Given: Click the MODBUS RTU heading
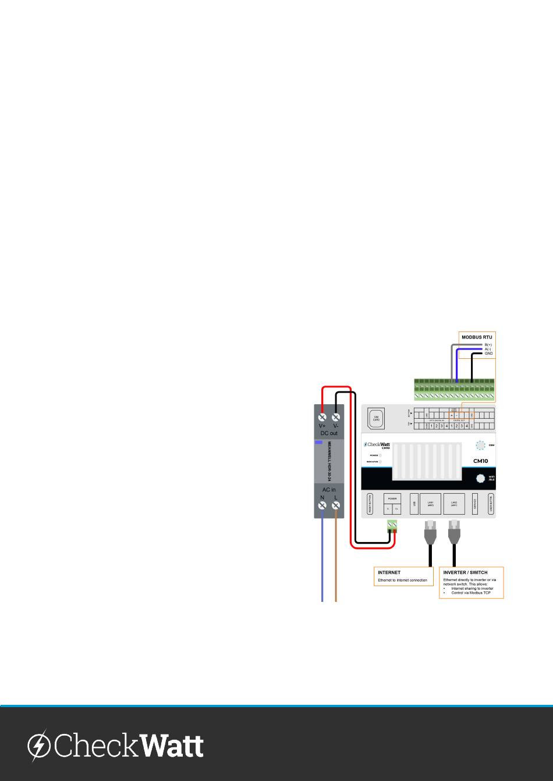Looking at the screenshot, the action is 477,337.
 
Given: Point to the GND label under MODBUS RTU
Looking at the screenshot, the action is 489,354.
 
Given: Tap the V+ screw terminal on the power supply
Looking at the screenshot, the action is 322,418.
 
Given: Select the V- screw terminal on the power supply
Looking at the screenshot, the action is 336,418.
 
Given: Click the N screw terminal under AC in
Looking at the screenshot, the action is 322,506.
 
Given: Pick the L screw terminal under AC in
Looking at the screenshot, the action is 336,506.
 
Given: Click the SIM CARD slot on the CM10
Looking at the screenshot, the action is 376,418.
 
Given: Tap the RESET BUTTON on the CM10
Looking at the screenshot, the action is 370,504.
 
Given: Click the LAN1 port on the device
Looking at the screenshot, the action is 431,503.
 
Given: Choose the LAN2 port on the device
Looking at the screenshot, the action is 454,503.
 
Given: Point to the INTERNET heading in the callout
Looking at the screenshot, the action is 389,573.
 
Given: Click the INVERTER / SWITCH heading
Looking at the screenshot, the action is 465,573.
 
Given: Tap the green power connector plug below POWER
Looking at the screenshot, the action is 392,527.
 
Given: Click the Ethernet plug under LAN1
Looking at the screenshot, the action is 431,532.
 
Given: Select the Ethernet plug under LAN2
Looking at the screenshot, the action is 454,532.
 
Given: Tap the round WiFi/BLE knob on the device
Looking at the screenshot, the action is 481,479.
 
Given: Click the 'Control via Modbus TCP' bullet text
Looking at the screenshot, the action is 471,593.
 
